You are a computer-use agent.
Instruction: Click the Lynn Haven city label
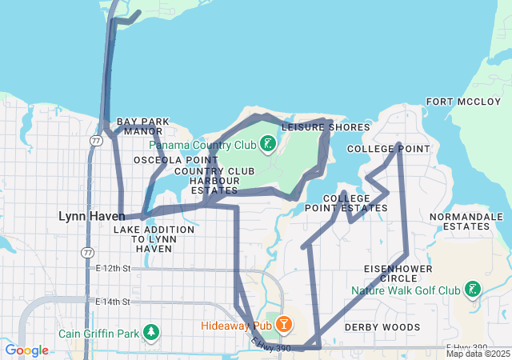click(x=91, y=216)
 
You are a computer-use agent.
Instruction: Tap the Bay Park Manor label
click(x=144, y=126)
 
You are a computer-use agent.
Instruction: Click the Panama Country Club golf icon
click(x=267, y=145)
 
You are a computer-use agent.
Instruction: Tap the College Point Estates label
click(x=355, y=203)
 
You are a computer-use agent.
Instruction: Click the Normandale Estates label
click(x=459, y=222)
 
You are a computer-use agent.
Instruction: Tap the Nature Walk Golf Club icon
click(x=474, y=290)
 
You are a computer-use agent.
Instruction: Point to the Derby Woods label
click(x=382, y=327)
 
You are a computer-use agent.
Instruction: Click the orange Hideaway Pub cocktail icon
click(x=282, y=325)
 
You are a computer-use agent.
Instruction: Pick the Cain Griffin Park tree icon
click(x=150, y=333)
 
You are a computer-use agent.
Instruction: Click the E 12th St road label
click(x=112, y=269)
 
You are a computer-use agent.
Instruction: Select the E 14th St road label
click(x=112, y=302)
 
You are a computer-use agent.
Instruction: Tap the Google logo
click(x=26, y=350)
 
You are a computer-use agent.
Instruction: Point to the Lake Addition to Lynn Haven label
click(x=154, y=239)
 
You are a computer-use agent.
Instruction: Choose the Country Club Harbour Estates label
click(x=214, y=181)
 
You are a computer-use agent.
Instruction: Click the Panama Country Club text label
click(x=202, y=145)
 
